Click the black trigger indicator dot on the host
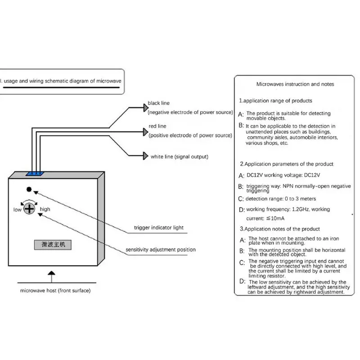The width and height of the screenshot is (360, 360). pyautogui.click(x=29, y=189)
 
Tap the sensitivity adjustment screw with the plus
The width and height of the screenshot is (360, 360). pyautogui.click(x=29, y=209)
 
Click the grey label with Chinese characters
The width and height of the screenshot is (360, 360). pyautogui.click(x=53, y=245)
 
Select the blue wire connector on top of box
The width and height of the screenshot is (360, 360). pyautogui.click(x=35, y=174)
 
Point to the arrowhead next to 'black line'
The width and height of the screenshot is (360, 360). pyautogui.click(x=146, y=108)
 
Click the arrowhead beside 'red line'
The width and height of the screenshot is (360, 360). pyautogui.click(x=146, y=132)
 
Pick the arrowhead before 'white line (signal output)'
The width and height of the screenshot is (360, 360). pyautogui.click(x=146, y=156)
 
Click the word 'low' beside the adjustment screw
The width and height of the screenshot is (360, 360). pyautogui.click(x=17, y=210)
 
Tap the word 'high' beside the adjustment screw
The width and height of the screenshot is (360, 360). pyautogui.click(x=45, y=209)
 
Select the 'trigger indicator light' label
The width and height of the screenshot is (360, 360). pyautogui.click(x=159, y=228)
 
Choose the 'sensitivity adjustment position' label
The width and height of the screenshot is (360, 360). pyautogui.click(x=161, y=250)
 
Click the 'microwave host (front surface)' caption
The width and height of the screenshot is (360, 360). pyautogui.click(x=55, y=290)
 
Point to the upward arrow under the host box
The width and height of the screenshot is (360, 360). pyautogui.click(x=51, y=277)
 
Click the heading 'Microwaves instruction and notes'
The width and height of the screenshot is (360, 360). pyautogui.click(x=295, y=84)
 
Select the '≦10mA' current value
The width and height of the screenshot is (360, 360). pyautogui.click(x=275, y=218)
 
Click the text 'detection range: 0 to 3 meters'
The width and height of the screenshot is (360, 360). pyautogui.click(x=281, y=198)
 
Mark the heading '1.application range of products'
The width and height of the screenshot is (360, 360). pyautogui.click(x=275, y=100)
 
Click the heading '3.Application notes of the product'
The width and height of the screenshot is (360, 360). pyautogui.click(x=280, y=229)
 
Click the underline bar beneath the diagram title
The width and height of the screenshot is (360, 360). pyautogui.click(x=62, y=87)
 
